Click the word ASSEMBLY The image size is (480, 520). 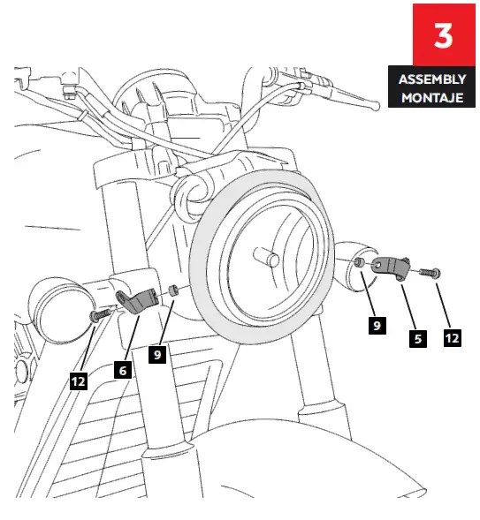pos(431,80)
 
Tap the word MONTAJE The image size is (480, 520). pos(431,96)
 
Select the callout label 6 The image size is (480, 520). pos(124,371)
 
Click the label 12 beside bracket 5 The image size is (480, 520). pos(452,336)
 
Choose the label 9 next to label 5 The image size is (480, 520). pos(377,326)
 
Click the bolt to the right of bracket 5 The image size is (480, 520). pos(430,273)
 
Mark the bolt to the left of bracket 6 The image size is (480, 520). pos(100,314)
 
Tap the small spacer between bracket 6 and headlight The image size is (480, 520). pos(174,290)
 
